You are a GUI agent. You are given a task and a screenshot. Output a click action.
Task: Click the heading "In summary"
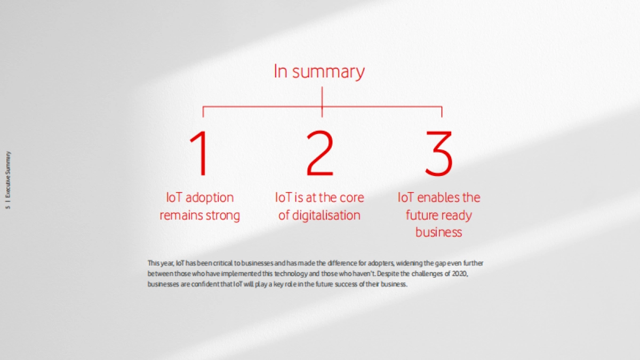pyautogui.click(x=319, y=71)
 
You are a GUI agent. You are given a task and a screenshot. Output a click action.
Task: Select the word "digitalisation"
pyautogui.click(x=326, y=215)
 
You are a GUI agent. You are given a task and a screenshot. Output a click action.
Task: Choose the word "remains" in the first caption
pyautogui.click(x=180, y=215)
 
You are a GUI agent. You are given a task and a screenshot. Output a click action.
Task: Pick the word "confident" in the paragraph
pyautogui.click(x=213, y=284)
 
